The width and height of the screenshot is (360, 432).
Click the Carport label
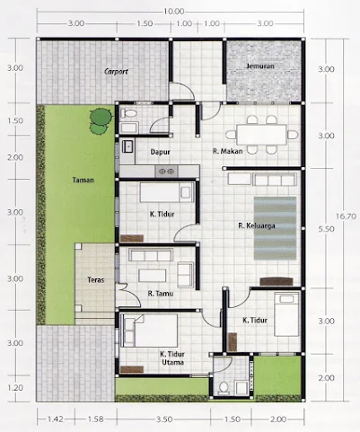[x=116, y=72]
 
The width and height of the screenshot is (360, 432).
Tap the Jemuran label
[x=260, y=66]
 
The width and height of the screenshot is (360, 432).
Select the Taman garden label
[x=83, y=180]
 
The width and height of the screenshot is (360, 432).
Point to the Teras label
[x=96, y=280]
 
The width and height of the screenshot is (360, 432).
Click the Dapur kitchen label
[x=161, y=152]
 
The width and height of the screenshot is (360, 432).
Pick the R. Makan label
[x=227, y=151]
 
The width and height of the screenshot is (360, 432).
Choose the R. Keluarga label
[x=257, y=225]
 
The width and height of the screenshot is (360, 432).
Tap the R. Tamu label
[x=161, y=294]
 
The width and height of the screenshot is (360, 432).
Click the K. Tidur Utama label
[x=172, y=358]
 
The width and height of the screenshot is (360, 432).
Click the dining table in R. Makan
[x=261, y=135]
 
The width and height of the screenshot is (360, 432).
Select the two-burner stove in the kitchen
[x=166, y=172]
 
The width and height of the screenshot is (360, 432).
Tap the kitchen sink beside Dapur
[x=127, y=146]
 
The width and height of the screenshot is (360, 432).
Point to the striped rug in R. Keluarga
[x=276, y=228]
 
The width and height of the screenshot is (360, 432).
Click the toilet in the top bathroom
[x=128, y=113]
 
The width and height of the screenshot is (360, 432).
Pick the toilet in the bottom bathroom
[x=223, y=388]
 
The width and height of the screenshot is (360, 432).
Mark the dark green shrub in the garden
[x=101, y=116]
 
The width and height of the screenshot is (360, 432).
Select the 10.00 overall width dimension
[x=173, y=12]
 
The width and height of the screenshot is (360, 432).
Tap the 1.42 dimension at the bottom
[x=56, y=419]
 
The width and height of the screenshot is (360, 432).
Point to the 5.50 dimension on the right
[x=326, y=229]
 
